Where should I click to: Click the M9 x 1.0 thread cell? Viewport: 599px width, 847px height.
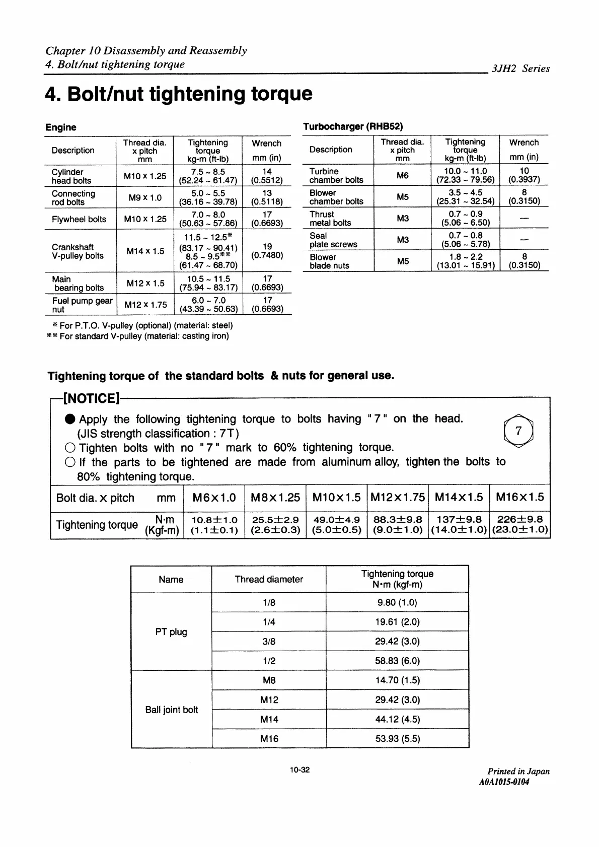click(144, 197)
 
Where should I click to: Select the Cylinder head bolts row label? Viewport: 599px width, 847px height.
click(71, 176)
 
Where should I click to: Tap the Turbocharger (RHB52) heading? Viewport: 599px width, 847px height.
click(353, 126)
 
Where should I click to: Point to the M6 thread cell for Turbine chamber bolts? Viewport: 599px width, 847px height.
click(402, 175)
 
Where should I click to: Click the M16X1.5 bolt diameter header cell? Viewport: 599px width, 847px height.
click(519, 498)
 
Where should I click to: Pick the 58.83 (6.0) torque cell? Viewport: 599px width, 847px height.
click(397, 661)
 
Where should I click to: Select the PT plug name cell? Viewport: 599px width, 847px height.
click(171, 631)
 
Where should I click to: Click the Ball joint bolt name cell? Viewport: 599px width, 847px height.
click(171, 710)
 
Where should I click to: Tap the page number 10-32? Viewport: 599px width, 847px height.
click(299, 769)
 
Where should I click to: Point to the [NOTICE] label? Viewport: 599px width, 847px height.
click(91, 399)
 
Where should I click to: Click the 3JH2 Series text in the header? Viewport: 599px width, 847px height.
click(520, 68)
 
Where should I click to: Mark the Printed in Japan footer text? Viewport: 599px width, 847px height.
click(518, 771)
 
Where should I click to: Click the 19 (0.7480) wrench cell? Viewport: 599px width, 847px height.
click(267, 251)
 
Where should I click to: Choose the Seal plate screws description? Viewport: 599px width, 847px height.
click(333, 240)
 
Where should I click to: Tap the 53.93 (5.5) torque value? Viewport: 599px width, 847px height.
click(397, 739)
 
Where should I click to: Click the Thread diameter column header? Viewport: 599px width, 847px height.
click(269, 579)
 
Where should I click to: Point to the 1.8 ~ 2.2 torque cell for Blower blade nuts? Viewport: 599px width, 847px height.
click(465, 261)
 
